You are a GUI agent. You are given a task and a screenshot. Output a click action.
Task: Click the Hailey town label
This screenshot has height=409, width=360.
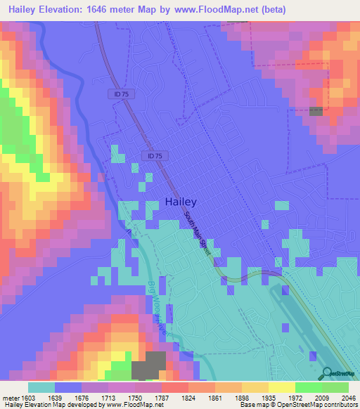click(181, 201)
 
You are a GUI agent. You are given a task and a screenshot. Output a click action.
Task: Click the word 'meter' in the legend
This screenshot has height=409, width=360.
click(13, 398)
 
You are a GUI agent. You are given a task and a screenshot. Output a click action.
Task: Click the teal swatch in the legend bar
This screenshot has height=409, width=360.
click(41, 387)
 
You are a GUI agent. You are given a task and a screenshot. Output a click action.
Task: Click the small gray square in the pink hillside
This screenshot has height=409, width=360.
click(316, 111)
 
